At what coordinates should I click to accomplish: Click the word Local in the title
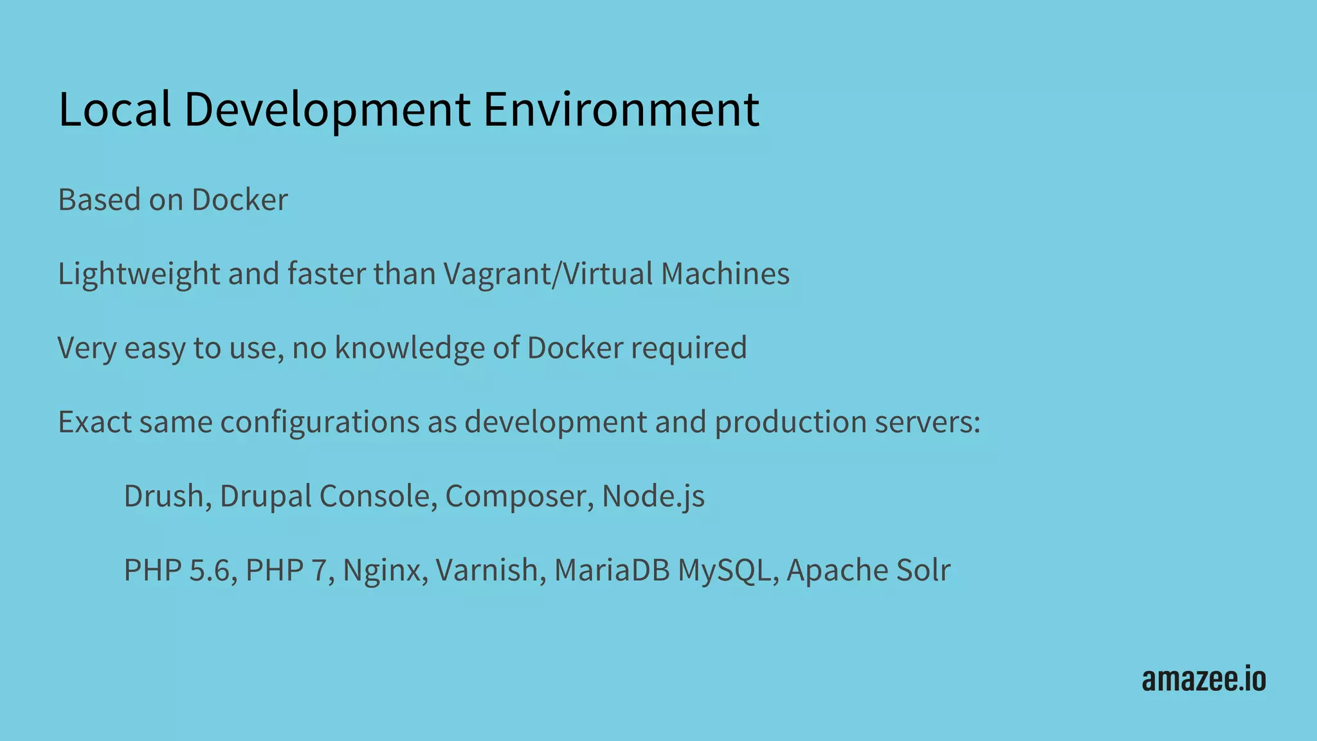pos(114,109)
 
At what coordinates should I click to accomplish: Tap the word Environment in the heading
pos(621,109)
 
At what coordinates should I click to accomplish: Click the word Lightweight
pos(139,274)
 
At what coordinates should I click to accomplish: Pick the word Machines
pos(725,274)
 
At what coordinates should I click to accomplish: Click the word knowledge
pos(410,348)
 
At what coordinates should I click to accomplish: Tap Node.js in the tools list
pos(653,496)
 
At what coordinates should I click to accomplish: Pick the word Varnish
pos(491,571)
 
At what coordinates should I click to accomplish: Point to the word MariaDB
pos(612,571)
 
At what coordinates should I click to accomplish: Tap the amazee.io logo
pos(1204,679)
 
